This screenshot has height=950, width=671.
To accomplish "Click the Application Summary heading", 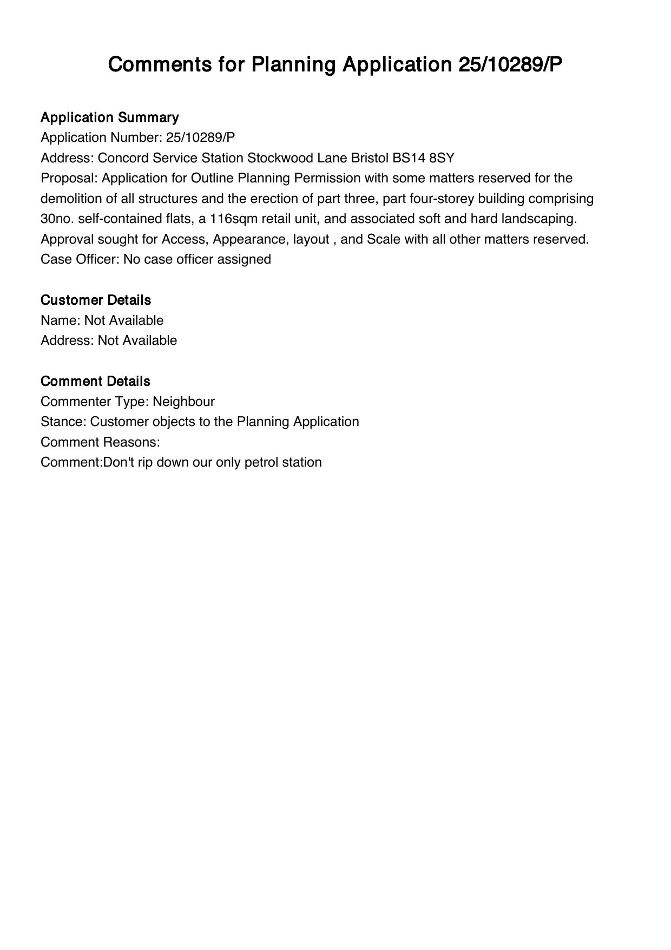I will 109,117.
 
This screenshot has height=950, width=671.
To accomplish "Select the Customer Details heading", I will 96,300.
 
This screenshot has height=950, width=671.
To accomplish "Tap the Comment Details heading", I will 95,381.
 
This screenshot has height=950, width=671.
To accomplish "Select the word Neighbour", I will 183,402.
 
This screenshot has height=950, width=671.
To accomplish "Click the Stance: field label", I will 64,422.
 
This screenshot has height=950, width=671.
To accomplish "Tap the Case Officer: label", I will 80,259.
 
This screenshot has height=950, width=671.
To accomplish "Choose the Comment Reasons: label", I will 100,442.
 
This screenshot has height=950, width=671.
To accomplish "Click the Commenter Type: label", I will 95,402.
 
